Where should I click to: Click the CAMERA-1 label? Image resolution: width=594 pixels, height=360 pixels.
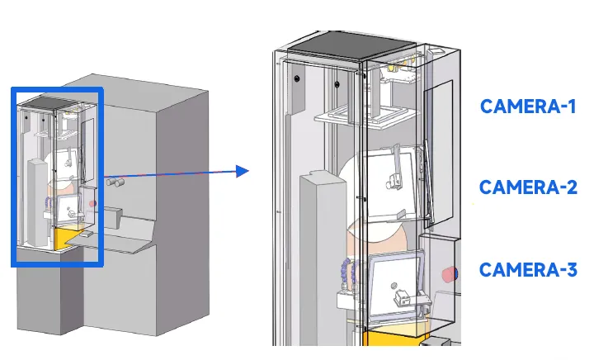tap(528, 107)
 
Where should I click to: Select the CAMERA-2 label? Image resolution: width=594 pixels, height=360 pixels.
tap(528, 187)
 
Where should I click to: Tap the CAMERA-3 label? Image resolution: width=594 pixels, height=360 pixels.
tap(528, 269)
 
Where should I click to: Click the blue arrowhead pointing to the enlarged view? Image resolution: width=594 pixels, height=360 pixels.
tap(243, 171)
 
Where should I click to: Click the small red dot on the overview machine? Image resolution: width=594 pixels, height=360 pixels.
tap(92, 202)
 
